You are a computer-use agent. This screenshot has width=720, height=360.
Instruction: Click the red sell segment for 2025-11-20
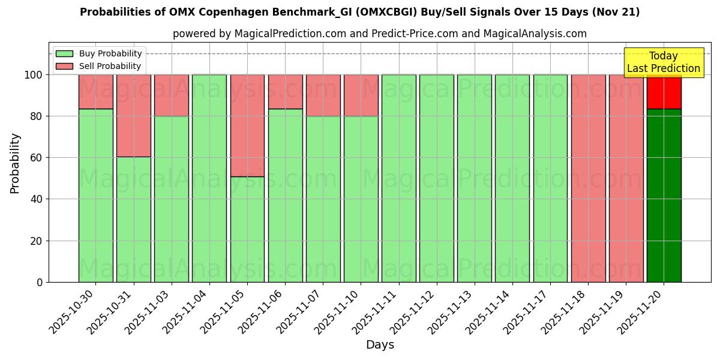click(664, 92)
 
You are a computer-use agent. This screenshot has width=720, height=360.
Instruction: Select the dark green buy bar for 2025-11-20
click(664, 196)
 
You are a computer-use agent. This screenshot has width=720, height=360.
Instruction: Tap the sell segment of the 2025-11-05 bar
click(247, 125)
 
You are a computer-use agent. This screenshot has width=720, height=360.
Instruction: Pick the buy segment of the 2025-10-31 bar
click(134, 219)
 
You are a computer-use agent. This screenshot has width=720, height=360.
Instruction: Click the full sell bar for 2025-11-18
click(588, 178)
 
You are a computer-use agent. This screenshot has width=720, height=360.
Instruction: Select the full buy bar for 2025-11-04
click(209, 178)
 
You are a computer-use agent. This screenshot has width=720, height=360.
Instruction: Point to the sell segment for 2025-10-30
click(96, 92)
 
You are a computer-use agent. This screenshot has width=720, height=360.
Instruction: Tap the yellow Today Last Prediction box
click(663, 62)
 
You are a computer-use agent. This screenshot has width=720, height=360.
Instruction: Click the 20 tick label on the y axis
click(35, 241)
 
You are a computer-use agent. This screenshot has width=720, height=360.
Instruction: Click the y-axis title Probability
click(15, 163)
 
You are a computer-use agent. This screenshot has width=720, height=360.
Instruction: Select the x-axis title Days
click(380, 345)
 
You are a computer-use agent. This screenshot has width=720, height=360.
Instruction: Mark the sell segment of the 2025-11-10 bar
click(361, 95)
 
